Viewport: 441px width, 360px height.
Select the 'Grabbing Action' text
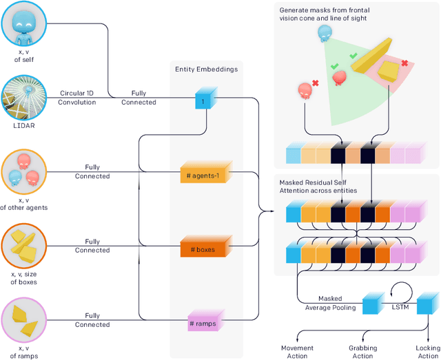point(362,352)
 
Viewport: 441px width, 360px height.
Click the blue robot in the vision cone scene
point(324,34)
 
